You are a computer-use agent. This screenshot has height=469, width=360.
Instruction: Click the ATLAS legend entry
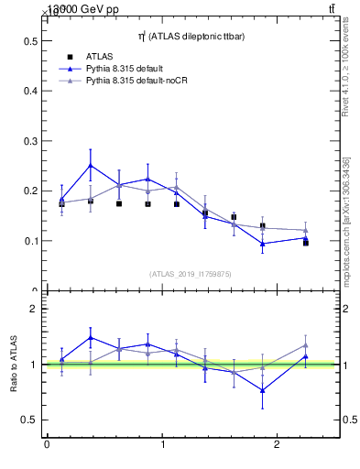(100, 57)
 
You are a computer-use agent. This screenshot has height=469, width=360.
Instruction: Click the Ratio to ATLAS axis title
(12, 365)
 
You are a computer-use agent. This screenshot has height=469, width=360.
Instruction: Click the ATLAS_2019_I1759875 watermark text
(191, 273)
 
